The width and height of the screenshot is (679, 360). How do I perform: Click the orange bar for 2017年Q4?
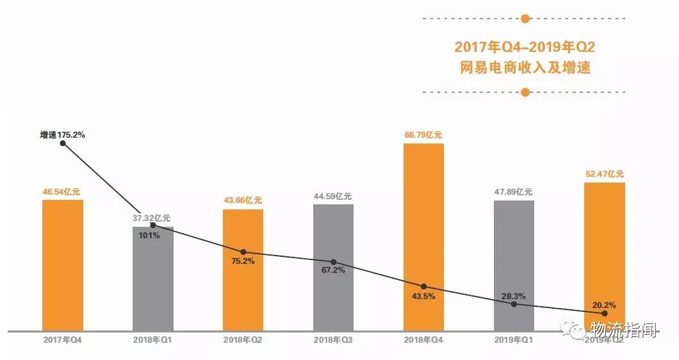(63, 265)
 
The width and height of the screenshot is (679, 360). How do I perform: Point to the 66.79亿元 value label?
(423, 135)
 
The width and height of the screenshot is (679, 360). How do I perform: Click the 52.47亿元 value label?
(604, 174)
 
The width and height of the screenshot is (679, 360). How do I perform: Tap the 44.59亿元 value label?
(332, 196)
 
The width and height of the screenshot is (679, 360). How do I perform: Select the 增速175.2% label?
(62, 135)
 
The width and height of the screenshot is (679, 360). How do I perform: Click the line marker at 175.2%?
(63, 143)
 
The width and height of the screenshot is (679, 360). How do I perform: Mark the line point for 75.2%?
(243, 252)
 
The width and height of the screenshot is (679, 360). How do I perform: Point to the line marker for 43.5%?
(423, 286)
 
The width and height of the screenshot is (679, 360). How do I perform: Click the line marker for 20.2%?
(604, 313)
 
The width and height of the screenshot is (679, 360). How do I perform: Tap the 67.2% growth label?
(332, 270)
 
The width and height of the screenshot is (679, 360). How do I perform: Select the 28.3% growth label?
(513, 296)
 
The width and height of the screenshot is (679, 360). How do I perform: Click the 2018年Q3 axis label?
(332, 340)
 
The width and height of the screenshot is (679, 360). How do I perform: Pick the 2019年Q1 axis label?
(513, 340)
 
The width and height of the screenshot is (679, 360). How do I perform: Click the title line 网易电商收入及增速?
(525, 67)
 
